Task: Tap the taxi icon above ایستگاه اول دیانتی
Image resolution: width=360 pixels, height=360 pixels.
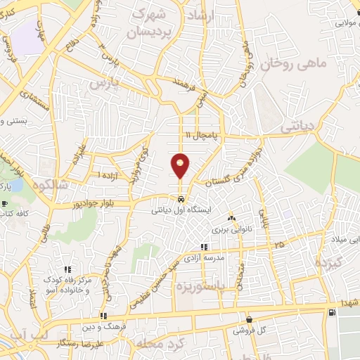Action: [x=181, y=198]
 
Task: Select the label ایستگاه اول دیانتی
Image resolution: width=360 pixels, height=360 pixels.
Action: [x=181, y=210]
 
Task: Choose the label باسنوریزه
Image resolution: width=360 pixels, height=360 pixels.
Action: [x=200, y=286]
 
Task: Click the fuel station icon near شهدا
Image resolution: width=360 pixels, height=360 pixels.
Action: [x=331, y=311]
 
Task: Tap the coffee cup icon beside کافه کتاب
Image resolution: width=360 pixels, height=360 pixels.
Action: [x=6, y=205]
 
